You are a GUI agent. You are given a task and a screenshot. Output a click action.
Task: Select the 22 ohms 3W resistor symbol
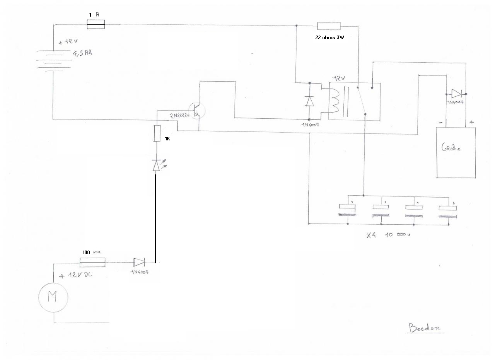coord(329,26)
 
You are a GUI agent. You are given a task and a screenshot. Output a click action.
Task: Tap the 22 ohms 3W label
coord(329,38)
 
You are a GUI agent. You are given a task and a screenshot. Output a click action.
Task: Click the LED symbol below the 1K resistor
coord(156,165)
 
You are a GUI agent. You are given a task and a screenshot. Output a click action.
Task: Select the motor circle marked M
coord(53,297)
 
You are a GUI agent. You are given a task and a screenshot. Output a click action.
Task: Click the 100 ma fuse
coord(92,263)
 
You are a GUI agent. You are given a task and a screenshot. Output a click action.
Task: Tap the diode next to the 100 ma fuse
coord(139,263)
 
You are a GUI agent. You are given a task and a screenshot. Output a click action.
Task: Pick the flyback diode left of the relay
coord(309,101)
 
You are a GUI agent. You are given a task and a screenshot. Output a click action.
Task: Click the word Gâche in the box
coord(451,147)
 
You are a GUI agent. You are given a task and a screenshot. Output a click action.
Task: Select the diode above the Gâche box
coord(456,94)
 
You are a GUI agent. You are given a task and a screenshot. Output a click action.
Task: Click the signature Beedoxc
coord(426,328)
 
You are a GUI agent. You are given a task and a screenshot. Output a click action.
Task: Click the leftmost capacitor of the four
coord(348,210)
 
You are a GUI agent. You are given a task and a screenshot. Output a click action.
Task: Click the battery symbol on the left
coord(53,60)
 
